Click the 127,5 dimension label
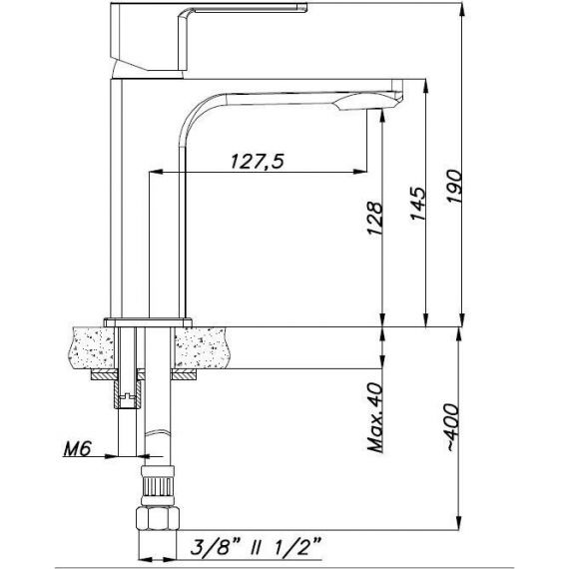click(x=257, y=161)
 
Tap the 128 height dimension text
click(x=375, y=219)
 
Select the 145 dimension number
click(x=417, y=204)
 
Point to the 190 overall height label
click(x=454, y=186)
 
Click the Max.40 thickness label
click(x=375, y=417)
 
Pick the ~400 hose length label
click(x=452, y=427)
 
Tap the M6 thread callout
click(x=77, y=449)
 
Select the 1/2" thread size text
click(x=296, y=546)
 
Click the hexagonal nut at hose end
click(x=158, y=519)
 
